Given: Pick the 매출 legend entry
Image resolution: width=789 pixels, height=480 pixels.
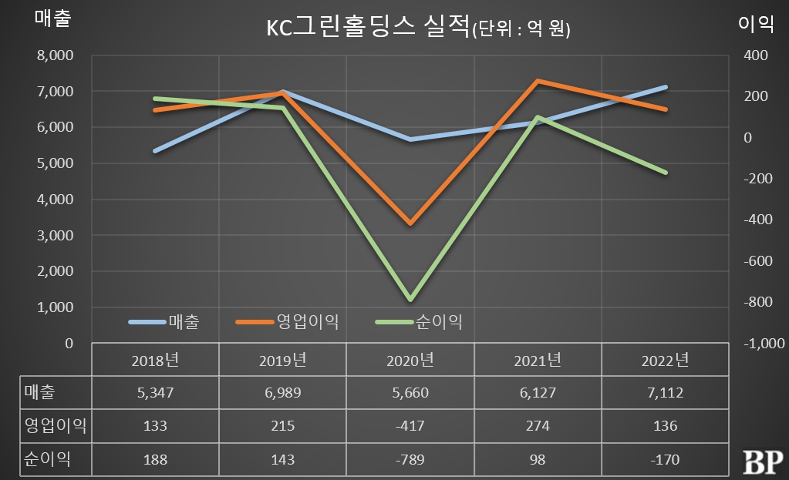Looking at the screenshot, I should click(183, 322).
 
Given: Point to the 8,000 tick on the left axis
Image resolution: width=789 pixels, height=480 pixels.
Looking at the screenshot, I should click(55, 55).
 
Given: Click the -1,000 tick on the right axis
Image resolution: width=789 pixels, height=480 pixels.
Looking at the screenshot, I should click(762, 344).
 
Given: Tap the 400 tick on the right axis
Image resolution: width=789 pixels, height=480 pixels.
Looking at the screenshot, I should click(757, 55).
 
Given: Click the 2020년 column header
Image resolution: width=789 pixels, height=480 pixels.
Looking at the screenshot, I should click(410, 360).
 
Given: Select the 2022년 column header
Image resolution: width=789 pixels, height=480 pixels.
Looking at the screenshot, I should click(664, 360).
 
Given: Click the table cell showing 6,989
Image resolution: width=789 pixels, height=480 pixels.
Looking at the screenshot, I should click(282, 393).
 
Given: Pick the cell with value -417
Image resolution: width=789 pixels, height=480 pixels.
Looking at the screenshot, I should click(410, 426).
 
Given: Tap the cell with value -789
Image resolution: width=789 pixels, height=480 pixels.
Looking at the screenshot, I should click(410, 459).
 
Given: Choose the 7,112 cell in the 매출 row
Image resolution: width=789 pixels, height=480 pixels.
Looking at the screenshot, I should click(664, 393).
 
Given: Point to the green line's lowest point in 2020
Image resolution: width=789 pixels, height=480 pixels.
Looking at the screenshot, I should click(410, 300).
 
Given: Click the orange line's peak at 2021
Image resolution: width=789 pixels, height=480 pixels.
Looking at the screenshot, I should click(538, 80).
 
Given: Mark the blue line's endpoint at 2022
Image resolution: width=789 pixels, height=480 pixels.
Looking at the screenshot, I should click(665, 87).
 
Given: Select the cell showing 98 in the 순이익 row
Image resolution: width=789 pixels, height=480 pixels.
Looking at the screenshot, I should click(538, 459).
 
